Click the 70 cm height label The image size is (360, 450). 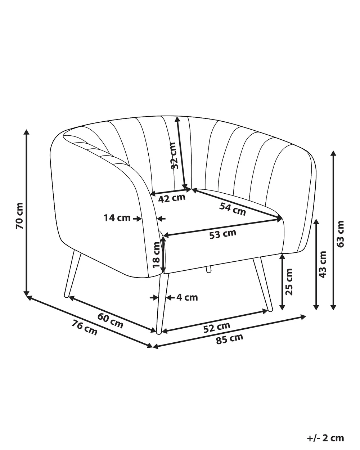pyautogui.click(x=20, y=216)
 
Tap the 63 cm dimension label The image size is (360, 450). pyautogui.click(x=341, y=234)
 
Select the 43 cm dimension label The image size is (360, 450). pyautogui.click(x=323, y=265)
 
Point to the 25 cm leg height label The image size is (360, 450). pyautogui.click(x=289, y=282)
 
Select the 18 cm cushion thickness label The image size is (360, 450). pyautogui.click(x=156, y=255)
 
